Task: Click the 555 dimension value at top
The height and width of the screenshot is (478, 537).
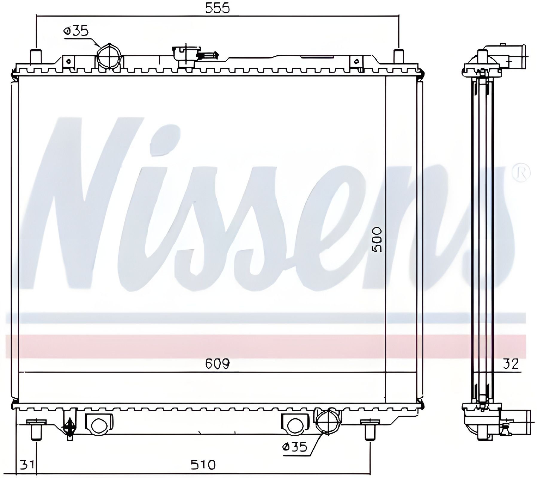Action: (x=217, y=8)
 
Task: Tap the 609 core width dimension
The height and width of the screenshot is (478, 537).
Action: (x=217, y=364)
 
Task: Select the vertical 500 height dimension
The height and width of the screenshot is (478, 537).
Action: (x=378, y=240)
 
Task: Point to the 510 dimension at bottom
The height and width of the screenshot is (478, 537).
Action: (x=203, y=465)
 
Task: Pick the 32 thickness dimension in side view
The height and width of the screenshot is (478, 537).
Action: (x=510, y=364)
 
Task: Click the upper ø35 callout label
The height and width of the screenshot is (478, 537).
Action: (x=76, y=31)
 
